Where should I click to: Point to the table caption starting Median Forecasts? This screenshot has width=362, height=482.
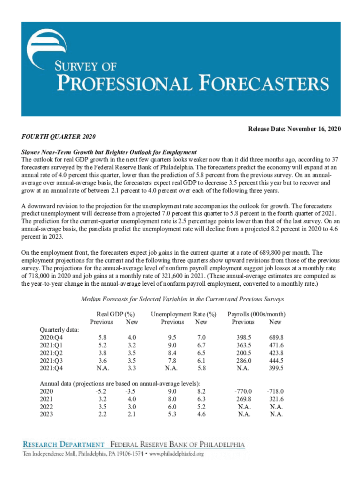[182, 299]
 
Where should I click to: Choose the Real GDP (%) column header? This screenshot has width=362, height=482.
[116, 314]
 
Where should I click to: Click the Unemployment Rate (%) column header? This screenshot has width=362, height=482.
[184, 314]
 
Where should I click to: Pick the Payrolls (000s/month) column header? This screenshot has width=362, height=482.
[257, 314]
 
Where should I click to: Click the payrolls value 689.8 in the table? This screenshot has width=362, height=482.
[275, 337]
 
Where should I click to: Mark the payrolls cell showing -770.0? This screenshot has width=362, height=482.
[243, 391]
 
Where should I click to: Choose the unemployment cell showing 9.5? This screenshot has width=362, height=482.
[172, 337]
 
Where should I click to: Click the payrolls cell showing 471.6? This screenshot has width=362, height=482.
[275, 345]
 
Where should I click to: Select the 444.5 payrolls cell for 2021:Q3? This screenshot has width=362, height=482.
[275, 361]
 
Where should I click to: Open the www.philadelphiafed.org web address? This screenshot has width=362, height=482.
[176, 454]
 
